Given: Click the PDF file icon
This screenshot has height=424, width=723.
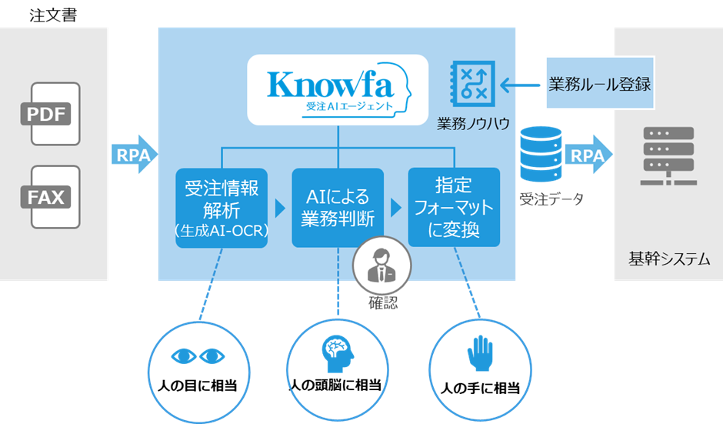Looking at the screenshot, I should (55, 114).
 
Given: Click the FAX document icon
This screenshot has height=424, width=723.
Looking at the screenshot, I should (55, 196).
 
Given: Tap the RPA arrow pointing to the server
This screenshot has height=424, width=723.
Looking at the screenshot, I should (590, 155).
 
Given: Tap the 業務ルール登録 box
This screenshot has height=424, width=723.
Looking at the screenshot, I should (600, 84).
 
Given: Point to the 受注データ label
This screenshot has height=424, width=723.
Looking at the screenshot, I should (551, 199).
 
